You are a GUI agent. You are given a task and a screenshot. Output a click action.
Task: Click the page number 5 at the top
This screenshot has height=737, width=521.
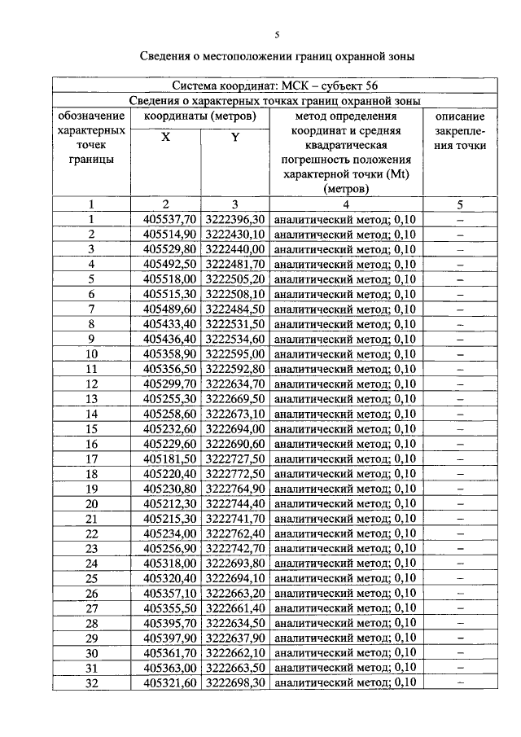pyautogui.click(x=276, y=35)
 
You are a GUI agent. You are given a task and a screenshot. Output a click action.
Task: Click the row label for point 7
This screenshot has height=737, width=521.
pyautogui.click(x=92, y=309)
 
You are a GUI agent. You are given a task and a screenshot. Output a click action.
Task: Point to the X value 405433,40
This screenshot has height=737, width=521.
pyautogui.click(x=169, y=324)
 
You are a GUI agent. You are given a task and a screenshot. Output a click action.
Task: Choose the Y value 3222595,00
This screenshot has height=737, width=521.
pyautogui.click(x=235, y=354)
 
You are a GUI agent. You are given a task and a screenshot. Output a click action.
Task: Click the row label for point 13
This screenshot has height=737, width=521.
pyautogui.click(x=92, y=399)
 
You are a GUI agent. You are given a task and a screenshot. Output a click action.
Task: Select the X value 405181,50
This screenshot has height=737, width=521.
pyautogui.click(x=169, y=458)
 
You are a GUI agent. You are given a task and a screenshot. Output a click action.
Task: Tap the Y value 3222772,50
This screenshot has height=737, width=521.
pyautogui.click(x=235, y=474)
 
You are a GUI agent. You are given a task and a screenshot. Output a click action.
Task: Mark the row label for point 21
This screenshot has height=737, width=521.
pyautogui.click(x=92, y=519)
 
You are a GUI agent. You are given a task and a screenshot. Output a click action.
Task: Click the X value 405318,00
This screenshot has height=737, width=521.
pyautogui.click(x=169, y=564)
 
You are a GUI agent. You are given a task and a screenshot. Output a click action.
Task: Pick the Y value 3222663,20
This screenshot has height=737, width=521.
pyautogui.click(x=235, y=593)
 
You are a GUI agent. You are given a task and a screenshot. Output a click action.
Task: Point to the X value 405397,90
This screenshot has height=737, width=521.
pyautogui.click(x=169, y=638)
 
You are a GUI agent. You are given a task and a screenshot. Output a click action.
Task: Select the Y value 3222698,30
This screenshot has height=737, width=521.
pyautogui.click(x=235, y=682)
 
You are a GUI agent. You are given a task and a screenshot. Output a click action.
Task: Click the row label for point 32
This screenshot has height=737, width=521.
pyautogui.click(x=92, y=682)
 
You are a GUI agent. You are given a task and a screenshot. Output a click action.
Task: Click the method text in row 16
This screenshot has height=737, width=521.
pyautogui.click(x=344, y=444)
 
